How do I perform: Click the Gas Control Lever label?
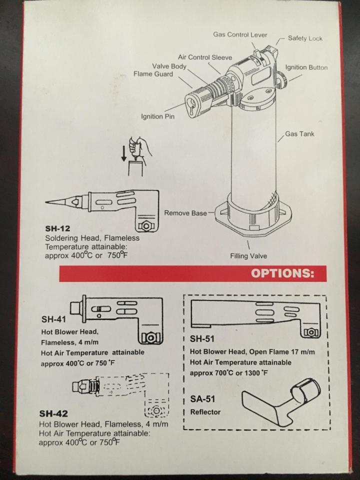[x=240, y=35]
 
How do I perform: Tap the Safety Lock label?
[x=305, y=38]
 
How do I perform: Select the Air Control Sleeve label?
[x=205, y=57]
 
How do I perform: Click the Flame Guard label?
[x=153, y=74]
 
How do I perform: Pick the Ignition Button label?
[x=306, y=67]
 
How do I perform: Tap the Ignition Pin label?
[x=158, y=117]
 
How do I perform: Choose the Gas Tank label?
[x=300, y=134]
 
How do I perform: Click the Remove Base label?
[x=185, y=213]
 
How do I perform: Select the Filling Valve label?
[x=248, y=256]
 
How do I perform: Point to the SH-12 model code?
[x=56, y=229]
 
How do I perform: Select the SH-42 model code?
[x=53, y=414]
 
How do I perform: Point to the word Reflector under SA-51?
[x=205, y=412]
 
